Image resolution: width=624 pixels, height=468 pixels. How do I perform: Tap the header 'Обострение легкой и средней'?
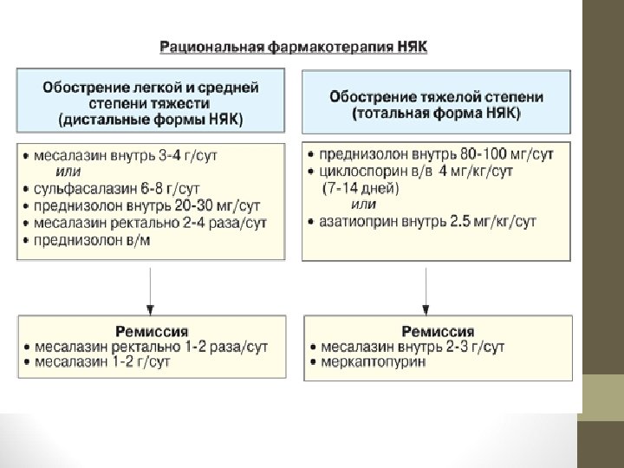[151, 87]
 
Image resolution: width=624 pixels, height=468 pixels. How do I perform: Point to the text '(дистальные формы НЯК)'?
[151, 118]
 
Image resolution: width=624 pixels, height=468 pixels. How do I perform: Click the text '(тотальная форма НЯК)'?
[436, 113]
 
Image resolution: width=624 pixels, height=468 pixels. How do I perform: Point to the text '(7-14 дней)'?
[359, 187]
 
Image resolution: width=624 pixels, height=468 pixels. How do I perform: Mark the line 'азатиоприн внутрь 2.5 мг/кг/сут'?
[428, 222]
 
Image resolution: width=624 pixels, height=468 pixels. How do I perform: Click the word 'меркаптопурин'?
[374, 362]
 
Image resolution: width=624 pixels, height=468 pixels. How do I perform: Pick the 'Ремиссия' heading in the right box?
[438, 331]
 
